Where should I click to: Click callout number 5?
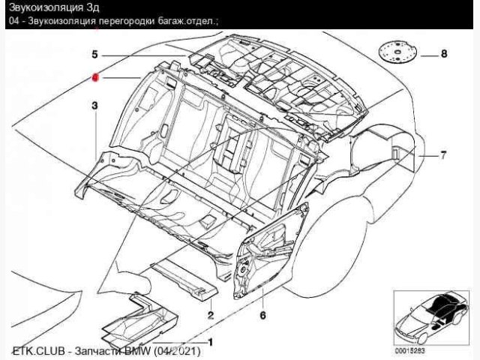click(x=95, y=54)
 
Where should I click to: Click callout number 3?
click(x=95, y=106)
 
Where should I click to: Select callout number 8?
click(x=444, y=54)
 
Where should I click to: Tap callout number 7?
click(x=443, y=155)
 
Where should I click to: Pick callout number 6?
click(x=263, y=315)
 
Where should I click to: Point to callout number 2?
click(x=211, y=315)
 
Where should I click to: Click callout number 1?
click(x=209, y=343)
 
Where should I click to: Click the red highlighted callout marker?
click(x=95, y=77)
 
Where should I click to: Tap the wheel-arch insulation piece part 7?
click(x=390, y=154)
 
